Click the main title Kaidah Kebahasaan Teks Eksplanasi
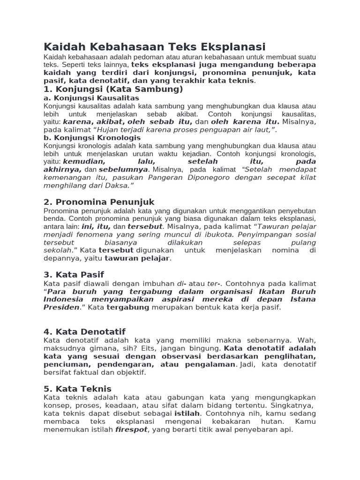[154, 47]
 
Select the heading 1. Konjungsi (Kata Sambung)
[113, 89]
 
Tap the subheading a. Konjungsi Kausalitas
[91, 98]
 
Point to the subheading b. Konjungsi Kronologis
[92, 138]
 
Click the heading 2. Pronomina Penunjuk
[99, 202]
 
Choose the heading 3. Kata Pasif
[74, 275]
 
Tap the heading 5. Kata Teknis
[77, 389]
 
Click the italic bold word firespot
[131, 429]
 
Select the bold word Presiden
[61, 307]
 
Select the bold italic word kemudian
[75, 162]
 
